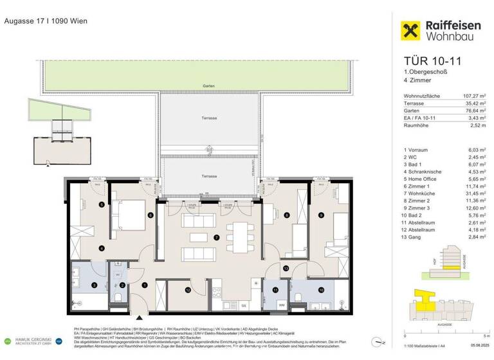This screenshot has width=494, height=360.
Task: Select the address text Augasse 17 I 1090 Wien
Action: click(46, 21)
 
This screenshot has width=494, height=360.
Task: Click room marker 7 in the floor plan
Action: click(217, 238)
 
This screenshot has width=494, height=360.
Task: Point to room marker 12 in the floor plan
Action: click(188, 290)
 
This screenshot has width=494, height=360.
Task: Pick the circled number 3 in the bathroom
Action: click(94, 285)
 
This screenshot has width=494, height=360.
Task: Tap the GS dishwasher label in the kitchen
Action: click(244, 305)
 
